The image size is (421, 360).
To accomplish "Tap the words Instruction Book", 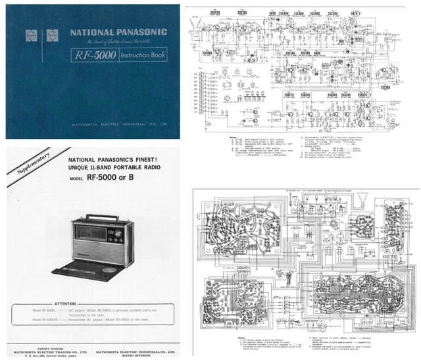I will click(x=143, y=56).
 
